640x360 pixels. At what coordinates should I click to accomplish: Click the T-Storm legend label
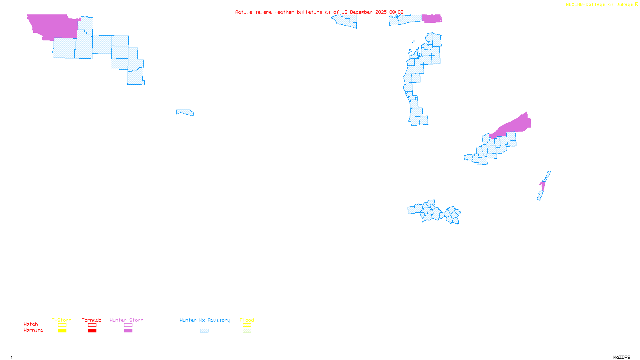pyautogui.click(x=62, y=320)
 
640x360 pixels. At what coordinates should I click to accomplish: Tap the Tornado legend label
pyautogui.click(x=92, y=320)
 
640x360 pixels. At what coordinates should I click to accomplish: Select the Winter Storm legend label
pyautogui.click(x=126, y=320)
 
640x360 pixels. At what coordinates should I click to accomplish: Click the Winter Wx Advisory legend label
pyautogui.click(x=205, y=320)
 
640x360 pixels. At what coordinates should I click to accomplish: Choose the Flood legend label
pyautogui.click(x=247, y=320)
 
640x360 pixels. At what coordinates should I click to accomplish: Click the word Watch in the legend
pyautogui.click(x=31, y=324)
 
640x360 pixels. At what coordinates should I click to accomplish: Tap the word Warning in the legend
pyautogui.click(x=33, y=330)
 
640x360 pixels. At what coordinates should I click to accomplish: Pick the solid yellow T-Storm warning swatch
pyautogui.click(x=62, y=331)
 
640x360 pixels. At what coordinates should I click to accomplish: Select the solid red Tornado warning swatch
pyautogui.click(x=92, y=331)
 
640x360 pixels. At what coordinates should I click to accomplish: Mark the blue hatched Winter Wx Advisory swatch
pyautogui.click(x=204, y=331)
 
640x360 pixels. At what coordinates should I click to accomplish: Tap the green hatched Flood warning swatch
pyautogui.click(x=247, y=331)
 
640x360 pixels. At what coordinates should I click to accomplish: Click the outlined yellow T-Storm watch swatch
pyautogui.click(x=62, y=325)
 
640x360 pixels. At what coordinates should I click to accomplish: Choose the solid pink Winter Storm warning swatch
pyautogui.click(x=128, y=331)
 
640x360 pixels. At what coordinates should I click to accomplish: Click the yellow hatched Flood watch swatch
pyautogui.click(x=247, y=325)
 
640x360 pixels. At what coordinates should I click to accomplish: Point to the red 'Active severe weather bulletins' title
pyautogui.click(x=319, y=12)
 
